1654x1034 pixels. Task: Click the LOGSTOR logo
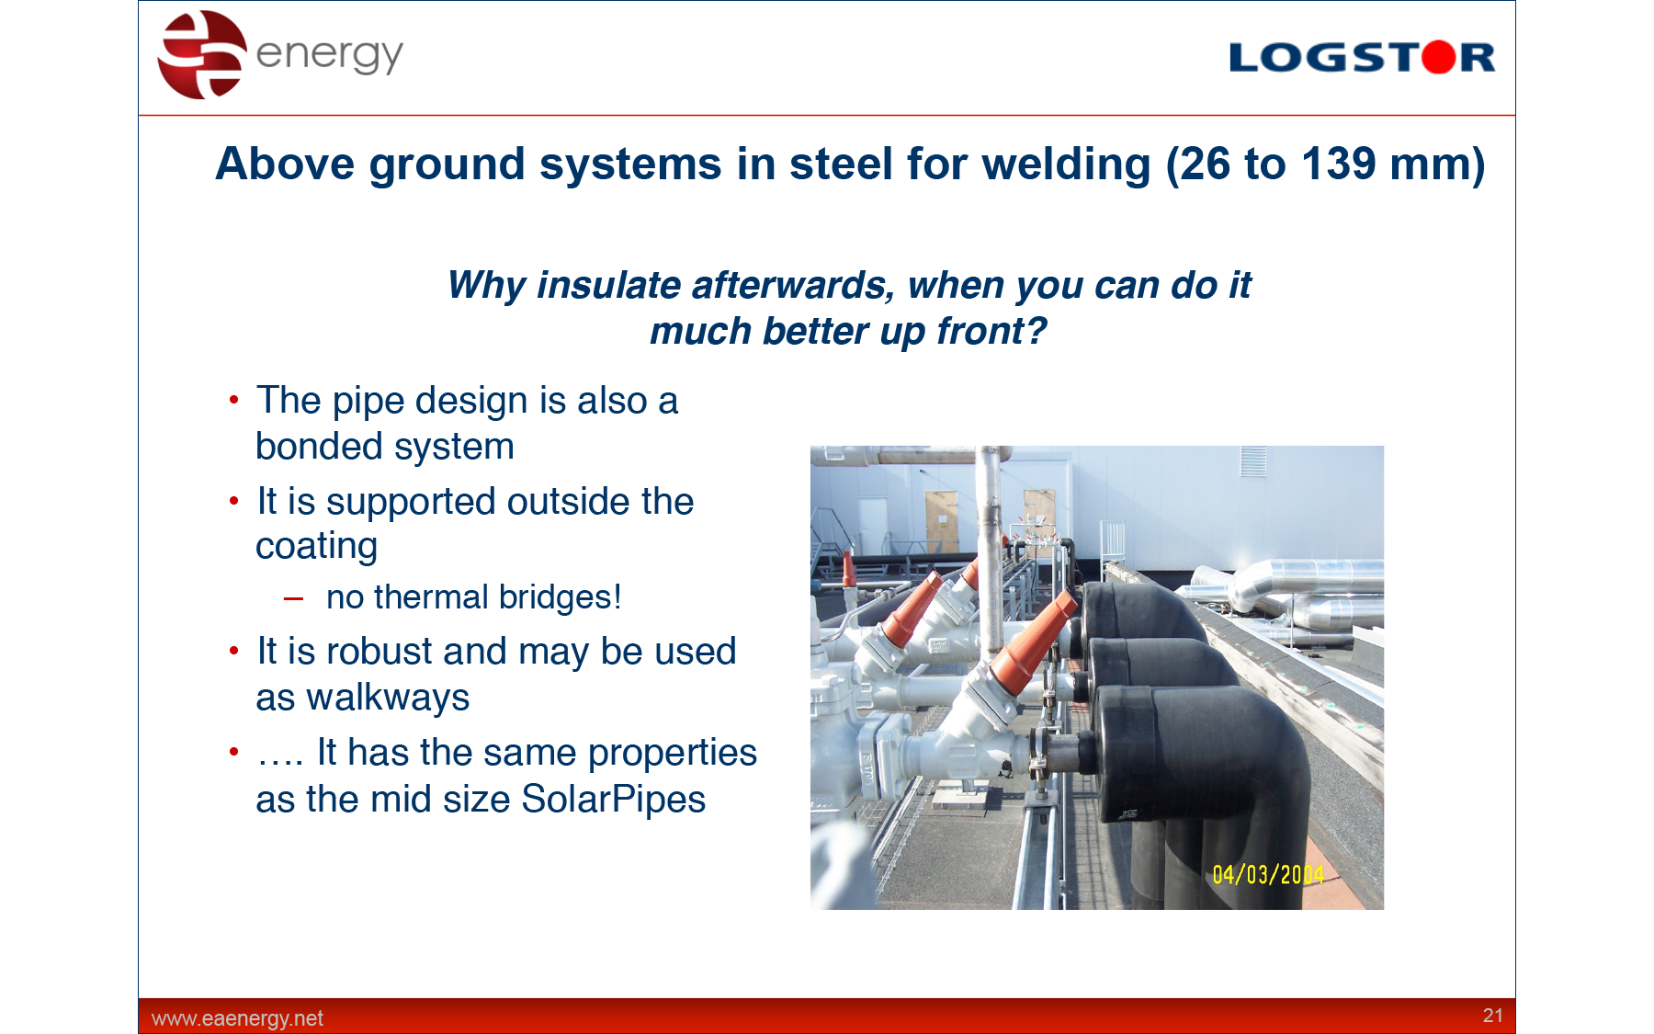click(1362, 57)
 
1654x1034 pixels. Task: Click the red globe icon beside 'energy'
click(202, 54)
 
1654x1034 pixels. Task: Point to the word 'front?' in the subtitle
click(991, 331)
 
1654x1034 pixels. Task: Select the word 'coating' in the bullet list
click(316, 547)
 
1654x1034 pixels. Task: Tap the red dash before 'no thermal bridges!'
click(293, 599)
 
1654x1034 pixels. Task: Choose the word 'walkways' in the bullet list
click(388, 698)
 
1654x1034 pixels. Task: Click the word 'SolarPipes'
click(614, 800)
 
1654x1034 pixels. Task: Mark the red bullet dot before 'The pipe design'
click(234, 400)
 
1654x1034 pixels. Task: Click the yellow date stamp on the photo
click(1268, 874)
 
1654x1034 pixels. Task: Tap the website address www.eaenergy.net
click(237, 1018)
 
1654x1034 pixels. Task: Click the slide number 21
click(1492, 1015)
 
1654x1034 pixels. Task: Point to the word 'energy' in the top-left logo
click(329, 55)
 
